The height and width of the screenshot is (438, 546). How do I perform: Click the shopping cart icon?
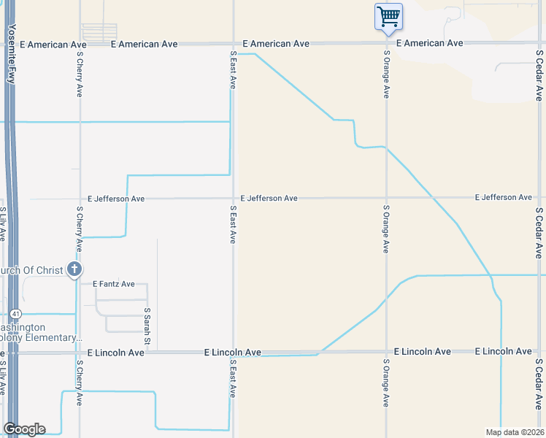coord(388,16)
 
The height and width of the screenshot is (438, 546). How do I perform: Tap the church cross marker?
coord(74,269)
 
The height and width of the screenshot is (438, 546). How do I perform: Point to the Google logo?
coord(24,429)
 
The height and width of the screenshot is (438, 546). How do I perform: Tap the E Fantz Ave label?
coord(113,283)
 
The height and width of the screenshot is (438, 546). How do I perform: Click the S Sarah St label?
coord(147,326)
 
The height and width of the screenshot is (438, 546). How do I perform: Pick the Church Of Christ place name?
coord(33,269)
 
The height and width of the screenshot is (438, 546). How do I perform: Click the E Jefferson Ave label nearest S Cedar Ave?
coord(503,197)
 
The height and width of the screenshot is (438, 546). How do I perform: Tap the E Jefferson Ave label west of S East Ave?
coord(115,198)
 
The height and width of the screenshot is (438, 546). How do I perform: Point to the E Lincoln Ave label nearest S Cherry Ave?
coord(115,353)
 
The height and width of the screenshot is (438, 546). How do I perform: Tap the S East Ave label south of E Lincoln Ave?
coord(233,379)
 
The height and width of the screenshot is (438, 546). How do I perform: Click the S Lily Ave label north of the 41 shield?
coord(3,225)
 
